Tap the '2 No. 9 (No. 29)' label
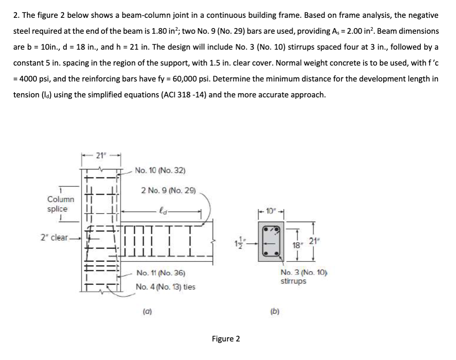(168, 191)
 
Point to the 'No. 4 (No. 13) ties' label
(166, 287)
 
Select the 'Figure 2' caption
(226, 338)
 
